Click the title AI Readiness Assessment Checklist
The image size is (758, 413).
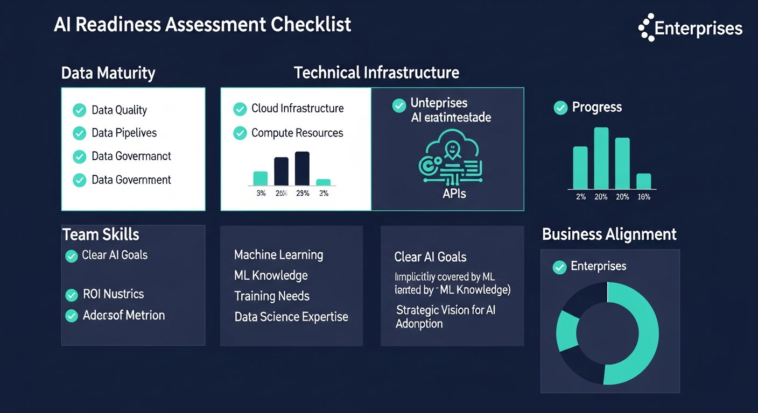tap(202, 25)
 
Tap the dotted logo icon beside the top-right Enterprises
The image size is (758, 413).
tap(646, 27)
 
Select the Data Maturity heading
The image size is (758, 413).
tap(108, 73)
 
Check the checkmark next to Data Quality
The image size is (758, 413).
tap(79, 110)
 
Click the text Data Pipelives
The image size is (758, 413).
tap(124, 133)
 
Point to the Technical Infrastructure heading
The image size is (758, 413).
tap(376, 73)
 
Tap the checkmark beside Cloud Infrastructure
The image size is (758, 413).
tap(240, 109)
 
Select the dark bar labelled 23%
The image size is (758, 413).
tap(302, 168)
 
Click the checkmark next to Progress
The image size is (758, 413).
tap(560, 108)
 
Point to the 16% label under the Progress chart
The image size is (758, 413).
tap(643, 197)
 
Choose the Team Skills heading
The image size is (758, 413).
tap(101, 234)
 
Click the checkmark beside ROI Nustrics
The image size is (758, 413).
tap(72, 295)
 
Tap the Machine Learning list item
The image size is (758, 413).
tap(278, 255)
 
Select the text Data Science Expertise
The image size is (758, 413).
tap(291, 317)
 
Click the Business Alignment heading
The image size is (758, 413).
tap(609, 234)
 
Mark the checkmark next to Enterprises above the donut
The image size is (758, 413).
tap(560, 267)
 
